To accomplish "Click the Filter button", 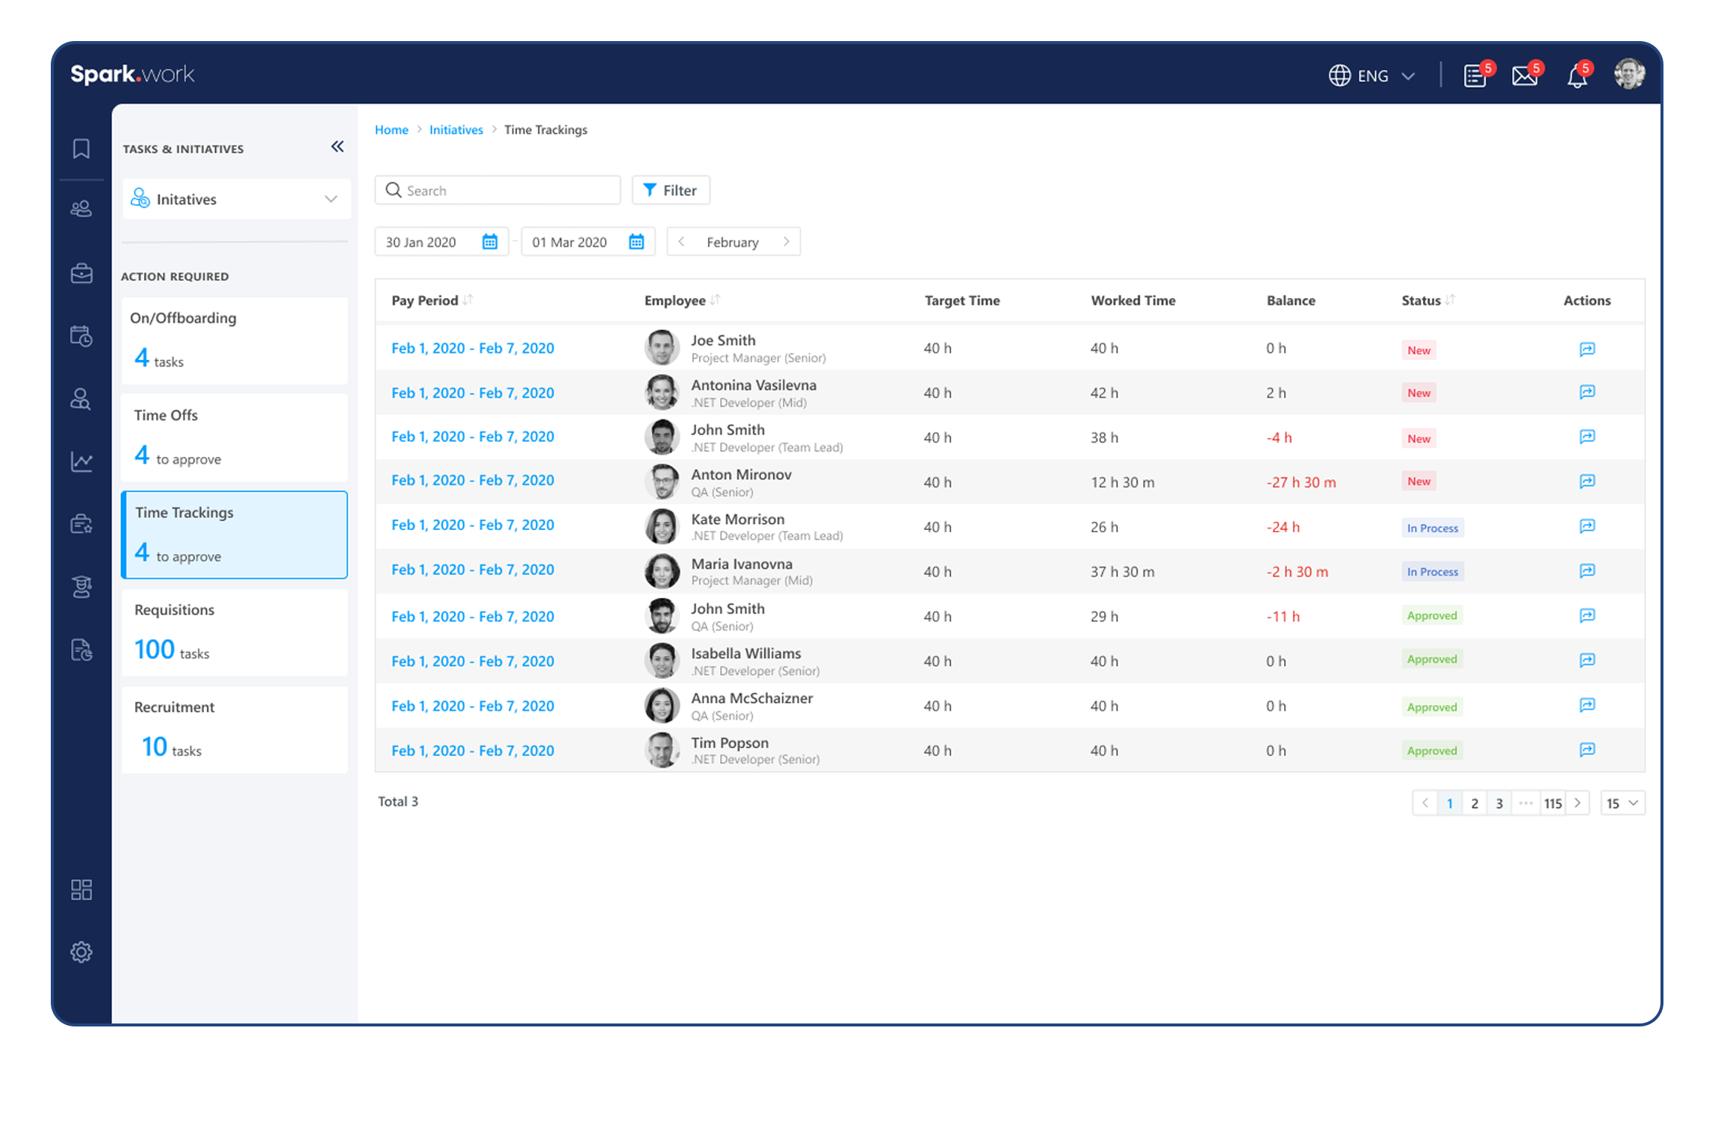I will coord(670,190).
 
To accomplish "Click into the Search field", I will coord(508,190).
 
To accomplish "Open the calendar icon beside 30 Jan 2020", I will coord(489,242).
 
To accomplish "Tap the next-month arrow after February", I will coord(786,242).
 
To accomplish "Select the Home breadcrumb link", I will coord(391,130).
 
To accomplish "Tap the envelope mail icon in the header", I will coord(1525,76).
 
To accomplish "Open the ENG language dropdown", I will coord(1372,76).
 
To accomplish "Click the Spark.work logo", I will coord(132,74).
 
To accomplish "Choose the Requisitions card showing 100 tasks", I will coord(235,632).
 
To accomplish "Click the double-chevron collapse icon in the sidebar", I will coord(338,147).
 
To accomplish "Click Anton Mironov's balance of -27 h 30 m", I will coord(1301,482).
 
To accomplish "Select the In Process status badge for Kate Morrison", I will coord(1432,528).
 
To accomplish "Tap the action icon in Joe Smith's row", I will coord(1587,349).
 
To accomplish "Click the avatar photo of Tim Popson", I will coord(662,750).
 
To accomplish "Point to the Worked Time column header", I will coord(1132,301).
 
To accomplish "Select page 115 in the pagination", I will coord(1553,803).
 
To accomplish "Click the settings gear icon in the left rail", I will coord(81,952).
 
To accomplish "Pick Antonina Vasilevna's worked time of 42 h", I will coord(1104,393).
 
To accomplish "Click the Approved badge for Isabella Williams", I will coord(1431,659).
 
